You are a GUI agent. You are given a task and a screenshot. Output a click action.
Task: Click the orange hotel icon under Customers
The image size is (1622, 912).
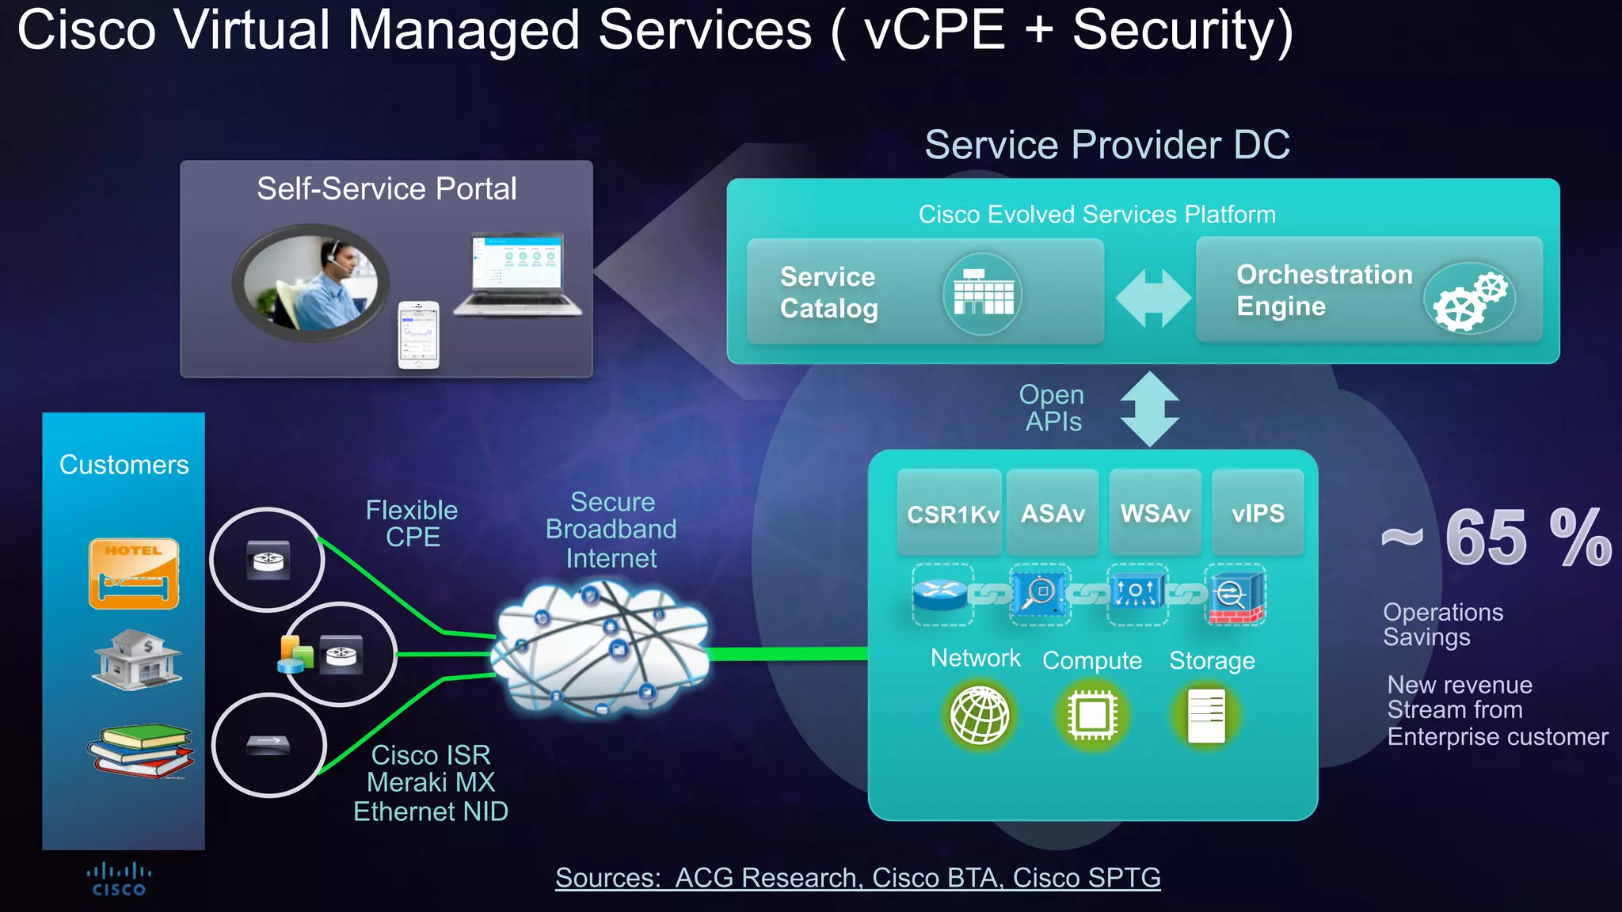134,574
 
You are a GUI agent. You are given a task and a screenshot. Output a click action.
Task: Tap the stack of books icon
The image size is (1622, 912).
140,750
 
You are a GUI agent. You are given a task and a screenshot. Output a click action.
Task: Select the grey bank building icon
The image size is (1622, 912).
138,660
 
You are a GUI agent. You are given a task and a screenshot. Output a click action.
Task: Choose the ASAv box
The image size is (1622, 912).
1053,514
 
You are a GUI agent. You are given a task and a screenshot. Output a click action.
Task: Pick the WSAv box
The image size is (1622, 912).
1155,514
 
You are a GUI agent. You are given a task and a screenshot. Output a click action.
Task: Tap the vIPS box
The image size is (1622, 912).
1258,514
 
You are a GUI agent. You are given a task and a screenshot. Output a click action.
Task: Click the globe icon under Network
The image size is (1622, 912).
980,716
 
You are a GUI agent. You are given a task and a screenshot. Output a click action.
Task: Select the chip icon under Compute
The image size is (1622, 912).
1092,716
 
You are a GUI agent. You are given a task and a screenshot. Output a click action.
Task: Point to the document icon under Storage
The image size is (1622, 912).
1206,716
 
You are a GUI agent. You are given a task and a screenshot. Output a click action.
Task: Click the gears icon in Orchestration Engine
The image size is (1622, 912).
1470,298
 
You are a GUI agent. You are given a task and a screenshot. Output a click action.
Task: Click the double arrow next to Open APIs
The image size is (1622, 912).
1150,409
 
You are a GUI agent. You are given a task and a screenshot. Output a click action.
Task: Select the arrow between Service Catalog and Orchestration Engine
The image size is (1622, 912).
1152,298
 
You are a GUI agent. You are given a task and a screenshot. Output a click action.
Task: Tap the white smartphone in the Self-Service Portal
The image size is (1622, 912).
418,335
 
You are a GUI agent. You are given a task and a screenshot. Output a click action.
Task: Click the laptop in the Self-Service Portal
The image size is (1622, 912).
518,274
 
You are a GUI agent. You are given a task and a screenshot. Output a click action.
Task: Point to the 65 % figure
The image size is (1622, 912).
1497,538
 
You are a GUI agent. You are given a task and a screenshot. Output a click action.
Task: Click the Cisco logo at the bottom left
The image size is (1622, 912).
119,880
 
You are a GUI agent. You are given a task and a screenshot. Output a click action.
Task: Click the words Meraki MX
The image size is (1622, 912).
431,782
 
